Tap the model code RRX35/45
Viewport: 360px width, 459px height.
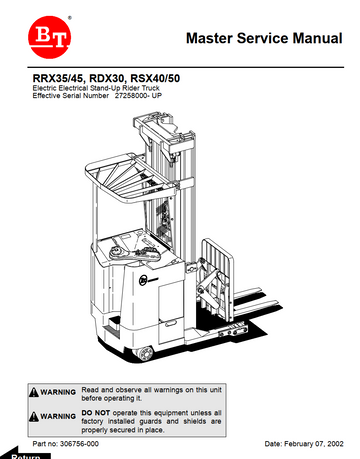[56, 78]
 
